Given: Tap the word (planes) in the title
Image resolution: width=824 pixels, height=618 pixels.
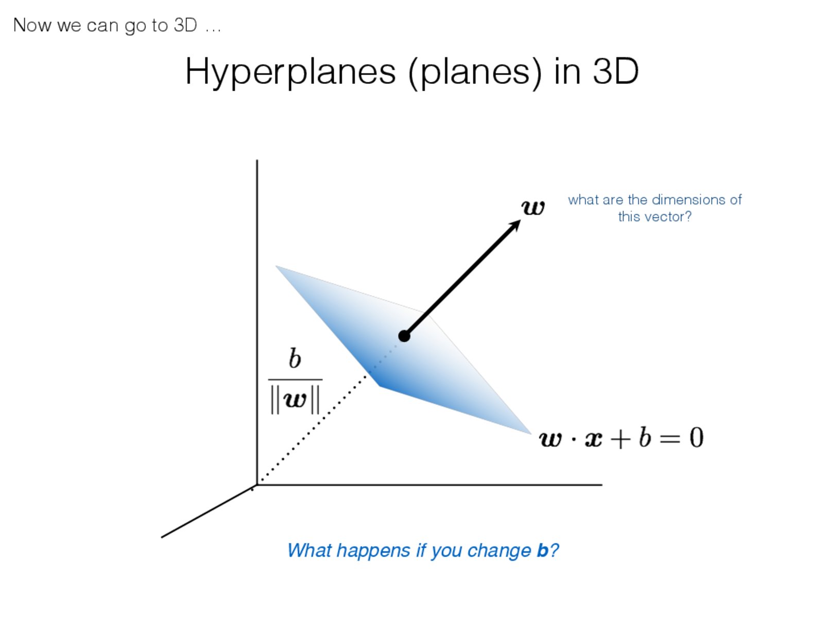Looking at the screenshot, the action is pyautogui.click(x=475, y=72).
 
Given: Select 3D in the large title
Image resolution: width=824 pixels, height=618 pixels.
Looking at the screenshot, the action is pyautogui.click(x=615, y=71).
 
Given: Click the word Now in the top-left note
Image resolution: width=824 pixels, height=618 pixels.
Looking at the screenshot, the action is pyautogui.click(x=32, y=26).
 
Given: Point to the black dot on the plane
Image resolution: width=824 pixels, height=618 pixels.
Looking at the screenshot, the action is pyautogui.click(x=404, y=336).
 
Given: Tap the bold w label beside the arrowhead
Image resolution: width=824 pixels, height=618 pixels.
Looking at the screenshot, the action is pyautogui.click(x=533, y=207).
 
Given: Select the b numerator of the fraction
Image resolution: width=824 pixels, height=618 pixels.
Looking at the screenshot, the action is pyautogui.click(x=295, y=358).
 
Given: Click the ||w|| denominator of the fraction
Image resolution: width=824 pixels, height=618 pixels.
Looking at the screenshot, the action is pyautogui.click(x=295, y=400).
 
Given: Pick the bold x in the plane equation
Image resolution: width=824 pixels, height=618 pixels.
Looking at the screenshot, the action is pyautogui.click(x=593, y=439).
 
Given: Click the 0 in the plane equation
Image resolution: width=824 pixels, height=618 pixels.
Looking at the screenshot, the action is pyautogui.click(x=696, y=437).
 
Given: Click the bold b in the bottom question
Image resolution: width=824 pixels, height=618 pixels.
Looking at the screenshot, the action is pyautogui.click(x=543, y=551).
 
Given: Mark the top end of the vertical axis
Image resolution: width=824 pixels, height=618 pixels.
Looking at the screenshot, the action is pyautogui.click(x=257, y=160).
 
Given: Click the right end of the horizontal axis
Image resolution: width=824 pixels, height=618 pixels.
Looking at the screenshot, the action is pyautogui.click(x=602, y=485).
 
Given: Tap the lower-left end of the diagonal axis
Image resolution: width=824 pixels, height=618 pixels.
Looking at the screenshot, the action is pyautogui.click(x=161, y=537).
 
